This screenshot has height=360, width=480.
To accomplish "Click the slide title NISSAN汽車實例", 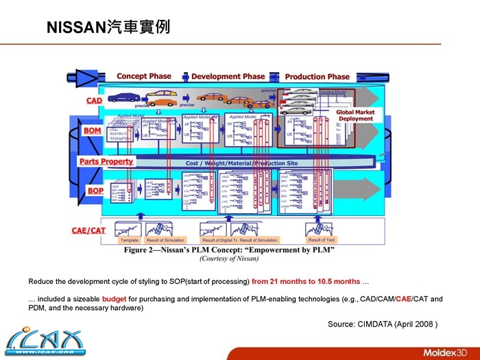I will [x=108, y=27].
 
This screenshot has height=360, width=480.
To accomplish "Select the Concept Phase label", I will [x=144, y=76].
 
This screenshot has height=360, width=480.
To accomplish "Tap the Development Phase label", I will [x=228, y=76].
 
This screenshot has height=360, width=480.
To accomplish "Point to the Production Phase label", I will [x=317, y=76].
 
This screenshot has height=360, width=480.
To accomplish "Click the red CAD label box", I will [x=94, y=101].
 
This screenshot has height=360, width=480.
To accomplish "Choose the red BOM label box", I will [x=92, y=130].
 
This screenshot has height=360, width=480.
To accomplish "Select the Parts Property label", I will [x=106, y=161].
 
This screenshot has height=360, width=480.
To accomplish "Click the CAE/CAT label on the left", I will [x=88, y=230].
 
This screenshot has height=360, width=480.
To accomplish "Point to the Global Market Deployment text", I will [x=355, y=115].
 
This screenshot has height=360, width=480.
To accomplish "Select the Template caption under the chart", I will [x=129, y=241].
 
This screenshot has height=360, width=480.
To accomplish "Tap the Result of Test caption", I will [x=321, y=241].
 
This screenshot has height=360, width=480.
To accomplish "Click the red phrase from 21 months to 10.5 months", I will [x=305, y=282].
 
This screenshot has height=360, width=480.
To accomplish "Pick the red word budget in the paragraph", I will [x=113, y=299].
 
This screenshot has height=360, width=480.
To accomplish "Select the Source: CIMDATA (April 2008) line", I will [x=383, y=324].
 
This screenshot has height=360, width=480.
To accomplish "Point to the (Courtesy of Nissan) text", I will [x=229, y=259].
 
